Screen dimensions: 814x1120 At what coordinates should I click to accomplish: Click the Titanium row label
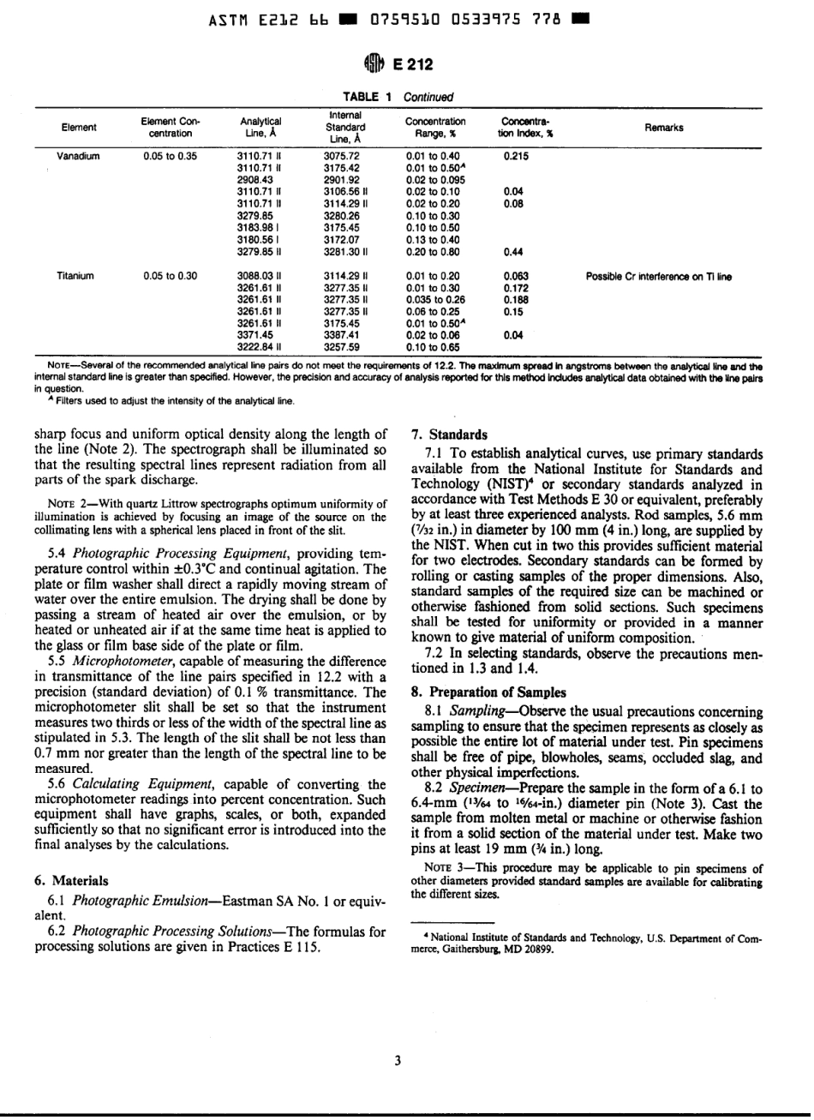(x=77, y=276)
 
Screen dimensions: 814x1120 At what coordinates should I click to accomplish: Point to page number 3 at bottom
(x=398, y=1059)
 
